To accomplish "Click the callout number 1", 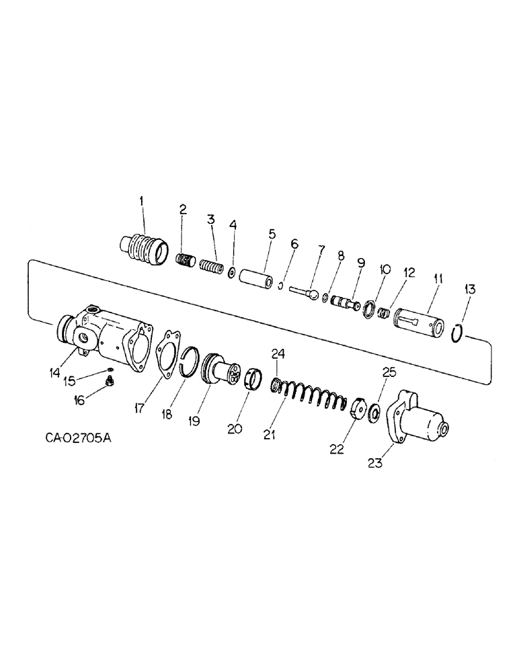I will coord(141,200).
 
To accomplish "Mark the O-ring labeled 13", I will coord(456,331).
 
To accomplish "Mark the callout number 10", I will coord(385,270).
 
